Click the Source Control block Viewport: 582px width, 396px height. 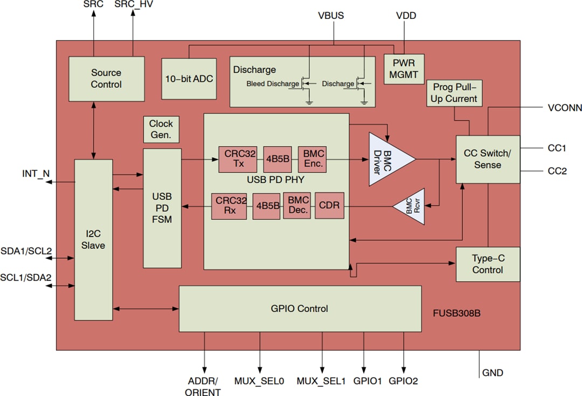pos(106,79)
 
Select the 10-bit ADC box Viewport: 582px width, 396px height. pos(188,79)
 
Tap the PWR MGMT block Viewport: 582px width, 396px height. pos(404,68)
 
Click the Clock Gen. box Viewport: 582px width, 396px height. pos(161,129)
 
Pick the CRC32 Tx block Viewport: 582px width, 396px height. pos(238,159)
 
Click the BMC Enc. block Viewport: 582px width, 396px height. pos(311,159)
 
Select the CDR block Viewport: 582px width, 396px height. pos(329,205)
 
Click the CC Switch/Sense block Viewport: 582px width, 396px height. pos(488,159)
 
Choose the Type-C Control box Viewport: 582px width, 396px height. pos(488,264)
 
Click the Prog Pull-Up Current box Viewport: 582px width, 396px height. pos(454,93)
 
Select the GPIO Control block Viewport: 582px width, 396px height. pos(300,309)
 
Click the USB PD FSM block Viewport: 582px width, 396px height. pos(162,208)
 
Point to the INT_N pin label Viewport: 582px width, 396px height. pos(36,173)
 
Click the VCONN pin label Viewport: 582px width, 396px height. pos(564,108)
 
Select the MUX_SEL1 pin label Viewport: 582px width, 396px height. pos(321,381)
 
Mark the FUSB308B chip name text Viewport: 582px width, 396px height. pos(456,312)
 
